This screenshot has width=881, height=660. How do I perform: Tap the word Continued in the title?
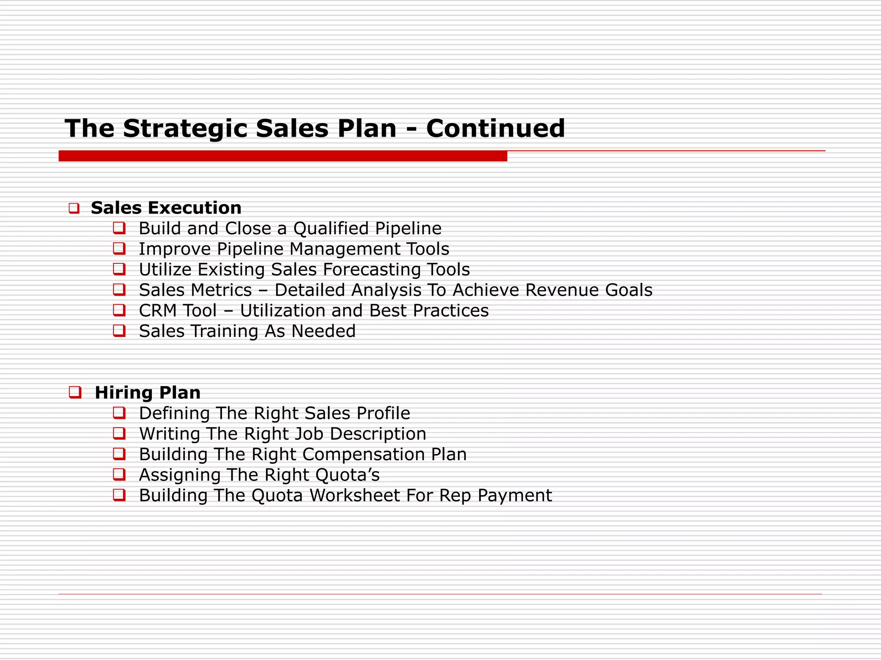coord(495,128)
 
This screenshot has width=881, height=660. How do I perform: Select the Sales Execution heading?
coord(166,208)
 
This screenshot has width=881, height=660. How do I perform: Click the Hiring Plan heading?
coord(148,393)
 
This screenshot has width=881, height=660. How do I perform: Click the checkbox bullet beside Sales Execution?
coord(74,209)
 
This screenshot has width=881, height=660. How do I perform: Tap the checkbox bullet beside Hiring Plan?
coord(75,392)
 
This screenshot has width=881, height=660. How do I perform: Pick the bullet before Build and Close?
coord(119,228)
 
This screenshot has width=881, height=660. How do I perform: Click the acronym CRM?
coord(156,311)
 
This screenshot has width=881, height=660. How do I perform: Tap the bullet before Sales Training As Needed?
coord(119,331)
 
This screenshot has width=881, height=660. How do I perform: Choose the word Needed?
coord(323,331)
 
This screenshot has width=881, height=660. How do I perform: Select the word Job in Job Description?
coord(310,434)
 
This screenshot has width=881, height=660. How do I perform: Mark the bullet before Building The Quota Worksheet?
coord(119,495)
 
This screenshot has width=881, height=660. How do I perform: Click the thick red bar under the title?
coord(283,156)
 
